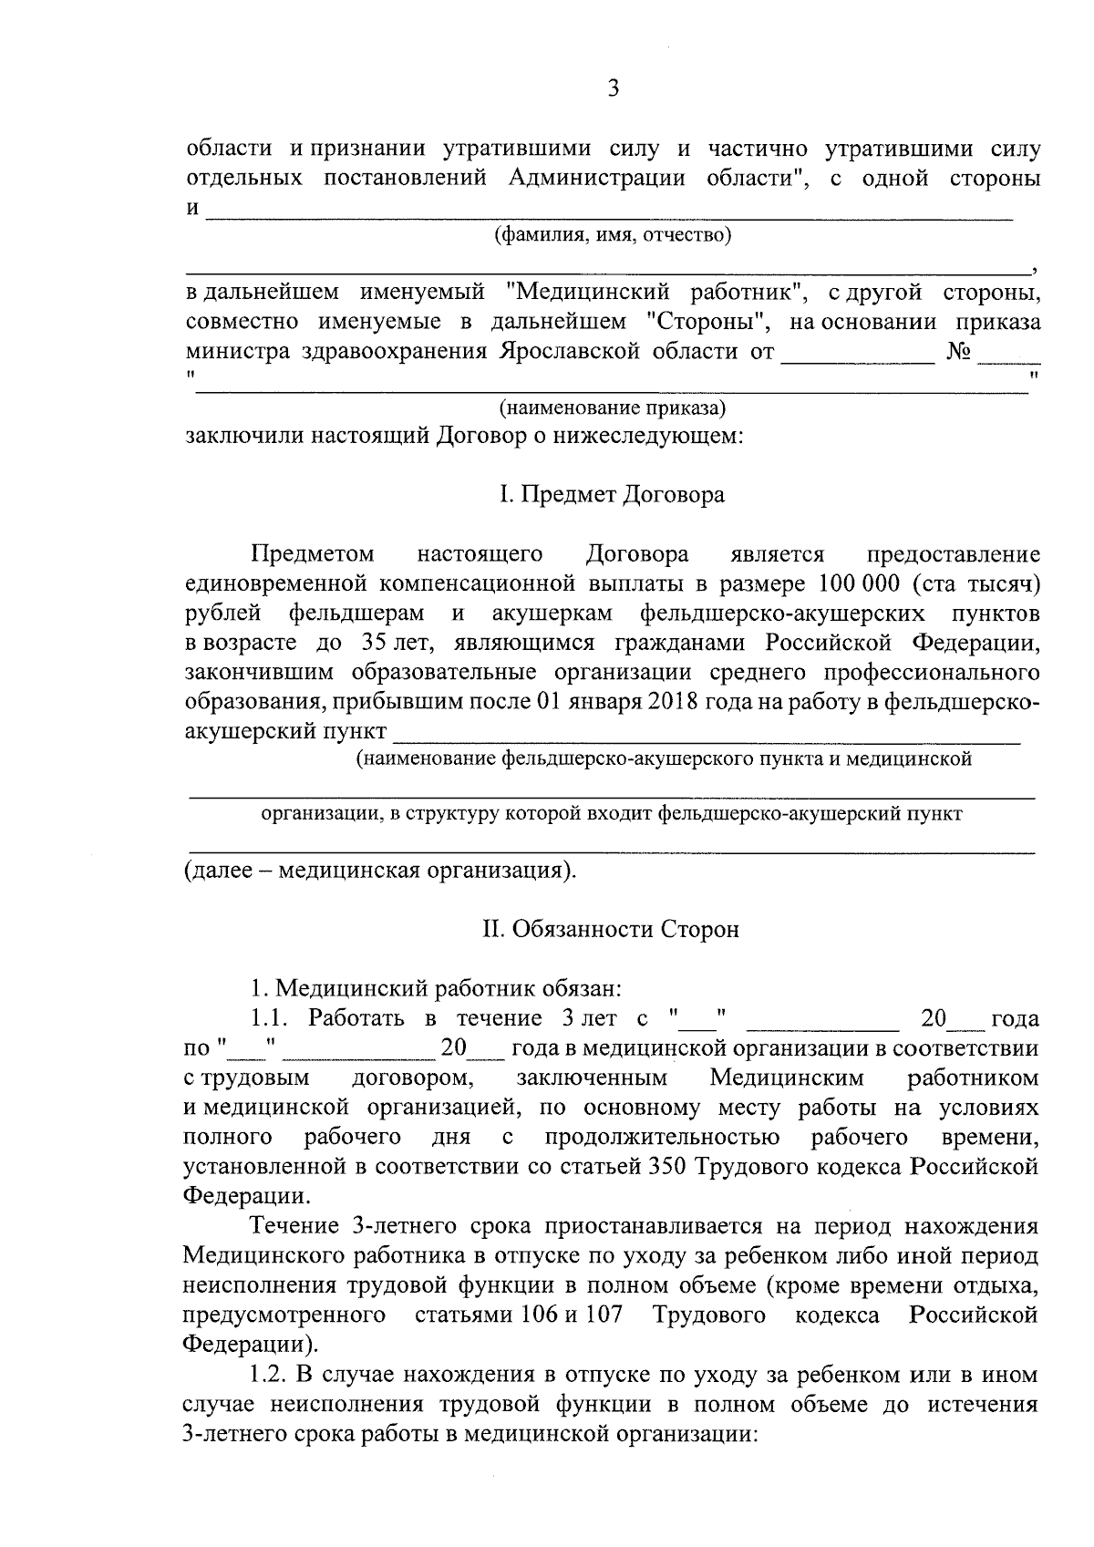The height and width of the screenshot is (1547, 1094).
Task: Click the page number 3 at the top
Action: tap(613, 88)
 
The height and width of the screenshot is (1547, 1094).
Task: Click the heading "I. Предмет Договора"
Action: tap(612, 495)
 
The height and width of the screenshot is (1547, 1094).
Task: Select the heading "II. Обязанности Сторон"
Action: tap(611, 929)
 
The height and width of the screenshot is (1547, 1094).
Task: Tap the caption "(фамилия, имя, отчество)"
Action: tap(613, 236)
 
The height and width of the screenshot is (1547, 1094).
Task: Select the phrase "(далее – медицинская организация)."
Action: tap(381, 870)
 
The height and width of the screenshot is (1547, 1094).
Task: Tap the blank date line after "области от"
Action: tap(859, 358)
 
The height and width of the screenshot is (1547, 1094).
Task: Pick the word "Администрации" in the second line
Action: tap(597, 177)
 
